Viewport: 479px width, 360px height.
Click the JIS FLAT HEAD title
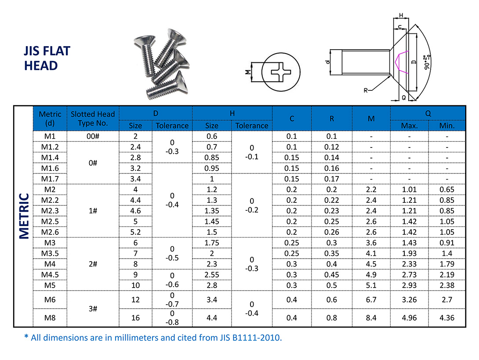click(x=47, y=58)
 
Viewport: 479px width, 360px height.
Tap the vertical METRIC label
click(x=24, y=216)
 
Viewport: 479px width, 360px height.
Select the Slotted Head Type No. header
click(x=93, y=119)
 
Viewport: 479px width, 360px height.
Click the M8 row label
click(x=49, y=317)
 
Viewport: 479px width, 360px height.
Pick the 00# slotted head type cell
click(x=93, y=136)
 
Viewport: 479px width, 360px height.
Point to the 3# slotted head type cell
click(x=93, y=309)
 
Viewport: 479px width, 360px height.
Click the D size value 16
click(x=135, y=317)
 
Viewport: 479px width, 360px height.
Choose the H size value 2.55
click(x=212, y=274)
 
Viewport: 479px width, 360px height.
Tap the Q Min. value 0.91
click(x=447, y=243)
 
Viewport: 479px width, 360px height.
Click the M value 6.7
click(x=371, y=300)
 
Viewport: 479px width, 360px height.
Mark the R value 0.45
click(x=332, y=274)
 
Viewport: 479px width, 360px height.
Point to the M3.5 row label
click(x=49, y=253)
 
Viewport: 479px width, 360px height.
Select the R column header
click(x=332, y=119)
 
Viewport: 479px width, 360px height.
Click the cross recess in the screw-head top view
click(x=282, y=72)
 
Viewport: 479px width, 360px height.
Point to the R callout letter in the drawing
click(x=366, y=90)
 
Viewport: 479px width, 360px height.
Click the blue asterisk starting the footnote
click(x=26, y=337)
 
